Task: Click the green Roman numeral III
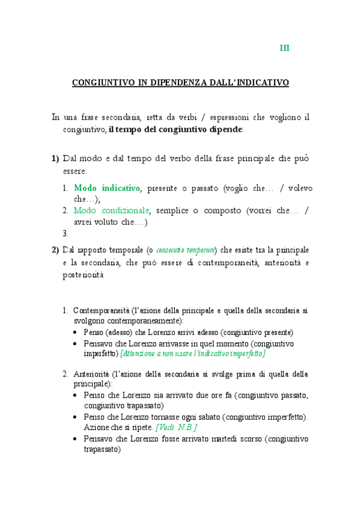click(285, 48)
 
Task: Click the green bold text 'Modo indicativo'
click(107, 188)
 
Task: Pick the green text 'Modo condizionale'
click(112, 210)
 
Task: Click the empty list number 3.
click(66, 233)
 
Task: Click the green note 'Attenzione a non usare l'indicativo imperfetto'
click(193, 354)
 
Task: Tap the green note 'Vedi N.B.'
click(176, 427)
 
